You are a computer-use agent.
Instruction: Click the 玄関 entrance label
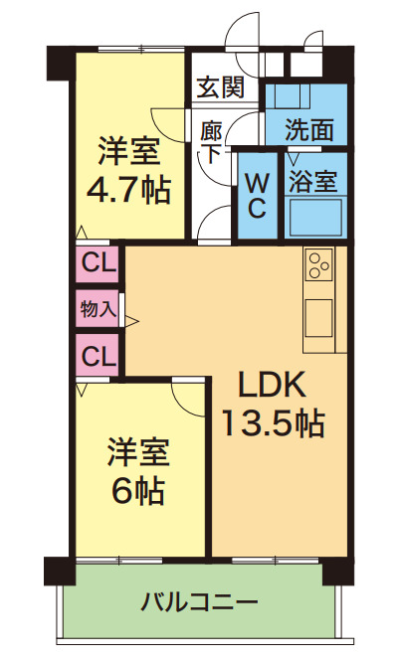219,87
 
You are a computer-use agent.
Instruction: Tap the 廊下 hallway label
211,140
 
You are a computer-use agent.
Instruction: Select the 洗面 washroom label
308,129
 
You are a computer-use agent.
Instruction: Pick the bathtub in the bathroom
314,216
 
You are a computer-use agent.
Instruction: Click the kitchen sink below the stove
319,317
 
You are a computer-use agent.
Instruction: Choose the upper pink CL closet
98,264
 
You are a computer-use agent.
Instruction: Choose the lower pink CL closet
98,355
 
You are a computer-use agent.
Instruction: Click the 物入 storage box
98,310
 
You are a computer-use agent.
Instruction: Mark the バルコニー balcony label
199,602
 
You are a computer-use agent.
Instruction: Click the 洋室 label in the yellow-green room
137,452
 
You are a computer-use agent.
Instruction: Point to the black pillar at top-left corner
57,61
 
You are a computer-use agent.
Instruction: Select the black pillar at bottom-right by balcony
338,572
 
